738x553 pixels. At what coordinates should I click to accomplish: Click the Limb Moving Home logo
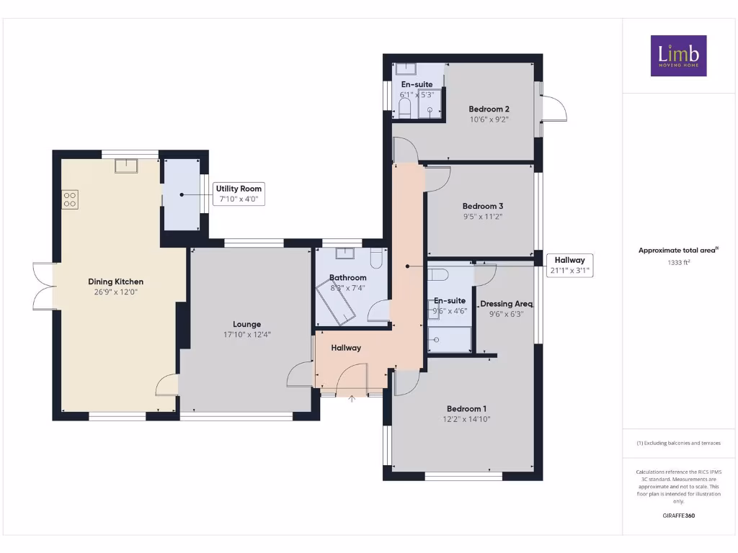click(678, 56)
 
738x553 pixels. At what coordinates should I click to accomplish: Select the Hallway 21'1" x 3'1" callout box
click(569, 266)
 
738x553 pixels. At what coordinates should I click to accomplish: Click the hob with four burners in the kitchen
click(70, 199)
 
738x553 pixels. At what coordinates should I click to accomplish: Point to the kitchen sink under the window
click(128, 166)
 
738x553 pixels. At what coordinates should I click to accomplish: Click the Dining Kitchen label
click(115, 282)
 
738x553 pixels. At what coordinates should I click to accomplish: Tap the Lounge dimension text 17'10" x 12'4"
click(246, 335)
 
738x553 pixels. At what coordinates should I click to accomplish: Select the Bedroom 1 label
click(466, 408)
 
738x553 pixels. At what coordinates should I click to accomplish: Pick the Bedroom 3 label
click(482, 205)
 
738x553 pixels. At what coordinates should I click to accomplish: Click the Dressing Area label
click(506, 304)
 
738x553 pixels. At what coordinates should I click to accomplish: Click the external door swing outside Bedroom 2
click(554, 109)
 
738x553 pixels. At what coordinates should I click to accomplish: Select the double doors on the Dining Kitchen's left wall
click(44, 287)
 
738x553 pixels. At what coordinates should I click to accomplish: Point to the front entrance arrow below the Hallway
click(352, 397)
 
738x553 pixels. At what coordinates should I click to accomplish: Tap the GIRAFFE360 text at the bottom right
click(679, 516)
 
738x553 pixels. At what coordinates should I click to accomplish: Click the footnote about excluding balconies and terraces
click(678, 443)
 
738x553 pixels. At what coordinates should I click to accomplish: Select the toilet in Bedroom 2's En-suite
click(404, 109)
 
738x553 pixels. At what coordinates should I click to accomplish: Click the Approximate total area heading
click(678, 251)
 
